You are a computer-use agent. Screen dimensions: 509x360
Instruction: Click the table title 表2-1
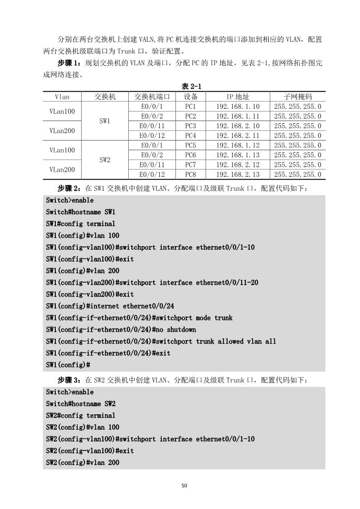tap(191, 87)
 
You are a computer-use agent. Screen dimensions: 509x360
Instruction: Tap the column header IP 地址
tap(238, 97)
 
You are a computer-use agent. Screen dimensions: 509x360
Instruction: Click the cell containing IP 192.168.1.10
tap(238, 107)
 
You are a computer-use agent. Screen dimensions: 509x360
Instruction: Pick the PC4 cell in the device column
tap(190, 136)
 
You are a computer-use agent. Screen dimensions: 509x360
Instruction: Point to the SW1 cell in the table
tap(105, 121)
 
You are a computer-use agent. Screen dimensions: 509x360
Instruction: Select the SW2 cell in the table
tap(105, 160)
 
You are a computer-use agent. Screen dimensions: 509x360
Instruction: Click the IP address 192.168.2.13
tap(238, 175)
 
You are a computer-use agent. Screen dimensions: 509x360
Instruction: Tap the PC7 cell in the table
tap(190, 165)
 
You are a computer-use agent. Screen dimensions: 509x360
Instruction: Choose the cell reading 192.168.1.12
tap(238, 145)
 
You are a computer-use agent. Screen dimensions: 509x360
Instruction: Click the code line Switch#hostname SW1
tap(81, 212)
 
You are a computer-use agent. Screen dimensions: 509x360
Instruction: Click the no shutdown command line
tap(121, 330)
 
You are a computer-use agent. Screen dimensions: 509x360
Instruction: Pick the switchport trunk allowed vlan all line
tap(161, 341)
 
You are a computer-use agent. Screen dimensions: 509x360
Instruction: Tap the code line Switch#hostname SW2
tap(81, 403)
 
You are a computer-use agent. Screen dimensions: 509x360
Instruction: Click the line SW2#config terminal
tap(81, 415)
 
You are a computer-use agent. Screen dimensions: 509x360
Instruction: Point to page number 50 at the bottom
tap(184, 485)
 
